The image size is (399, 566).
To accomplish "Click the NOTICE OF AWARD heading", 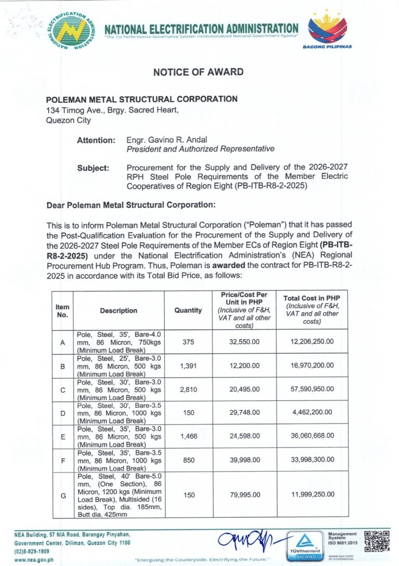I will click(x=198, y=72).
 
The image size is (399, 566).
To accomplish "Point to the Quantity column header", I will click(x=188, y=311).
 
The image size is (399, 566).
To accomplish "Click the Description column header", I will click(x=118, y=311).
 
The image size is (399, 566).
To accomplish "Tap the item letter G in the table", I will click(x=63, y=495).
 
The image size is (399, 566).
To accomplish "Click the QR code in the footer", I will click(x=376, y=541).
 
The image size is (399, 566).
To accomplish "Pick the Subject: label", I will click(x=93, y=168).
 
